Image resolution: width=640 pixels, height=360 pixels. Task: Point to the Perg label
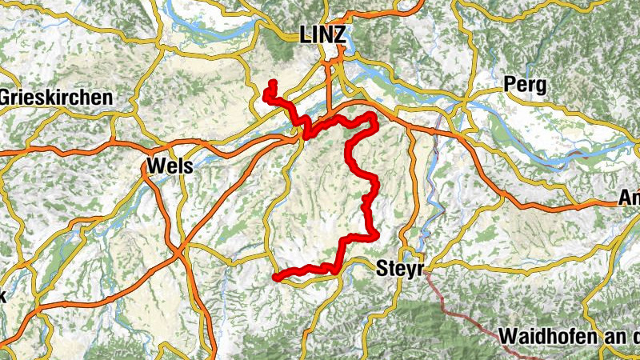point(525,84)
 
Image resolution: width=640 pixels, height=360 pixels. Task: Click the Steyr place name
point(398,269)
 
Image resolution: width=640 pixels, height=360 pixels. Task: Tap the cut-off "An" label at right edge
point(629,199)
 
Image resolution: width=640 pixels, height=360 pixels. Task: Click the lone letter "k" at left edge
point(2,295)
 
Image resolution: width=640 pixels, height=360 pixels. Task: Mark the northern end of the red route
point(273,82)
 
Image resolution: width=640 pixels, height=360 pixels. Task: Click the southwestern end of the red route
point(276,278)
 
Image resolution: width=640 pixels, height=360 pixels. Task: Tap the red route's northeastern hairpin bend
point(373,119)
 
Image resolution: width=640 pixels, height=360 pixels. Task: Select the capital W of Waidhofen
point(506,336)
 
